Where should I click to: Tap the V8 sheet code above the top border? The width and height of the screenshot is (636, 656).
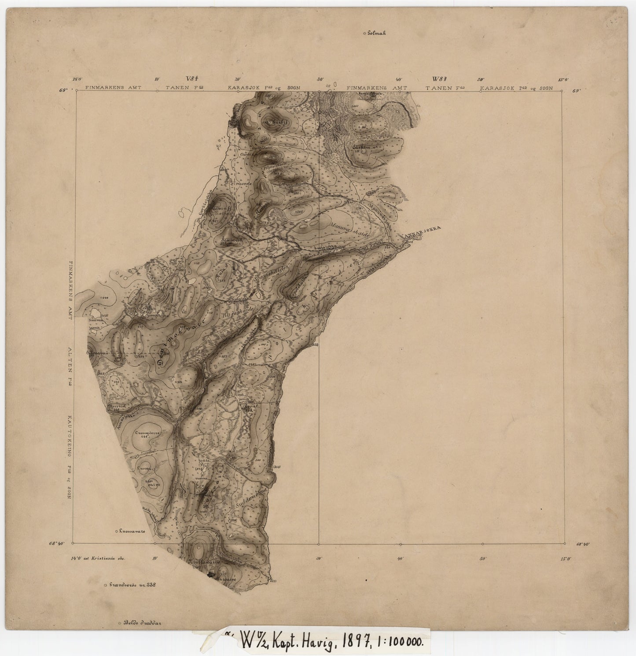(193, 79)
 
